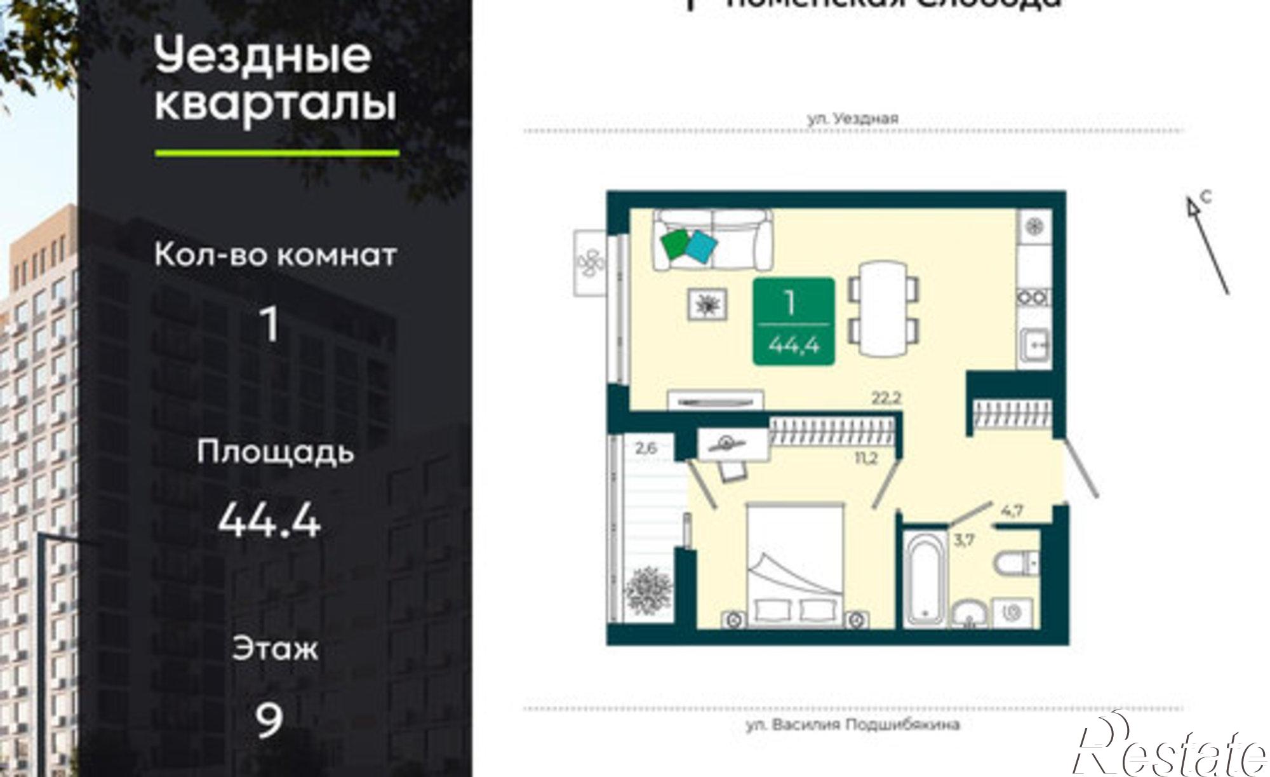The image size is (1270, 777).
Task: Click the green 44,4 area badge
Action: point(793,321)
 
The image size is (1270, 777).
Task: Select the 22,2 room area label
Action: point(886,398)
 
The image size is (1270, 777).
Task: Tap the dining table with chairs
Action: point(884,310)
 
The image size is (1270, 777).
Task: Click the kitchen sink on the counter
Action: point(1034,347)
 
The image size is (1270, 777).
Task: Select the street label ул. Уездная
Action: point(852,118)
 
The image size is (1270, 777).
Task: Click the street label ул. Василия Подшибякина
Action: point(852,724)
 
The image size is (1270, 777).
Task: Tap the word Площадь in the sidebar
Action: point(274,452)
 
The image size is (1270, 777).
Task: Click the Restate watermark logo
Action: point(1168,750)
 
